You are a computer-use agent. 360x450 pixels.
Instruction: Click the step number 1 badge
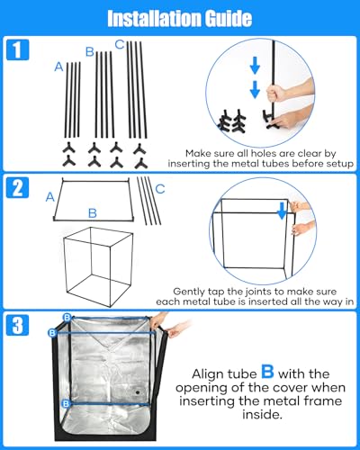pyautogui.click(x=18, y=49)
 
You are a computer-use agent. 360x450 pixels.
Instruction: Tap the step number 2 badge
pyautogui.click(x=18, y=187)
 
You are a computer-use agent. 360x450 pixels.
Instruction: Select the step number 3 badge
pyautogui.click(x=18, y=325)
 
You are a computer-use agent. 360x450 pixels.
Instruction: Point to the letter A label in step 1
pyautogui.click(x=58, y=67)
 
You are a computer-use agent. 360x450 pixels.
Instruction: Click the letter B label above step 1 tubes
pyautogui.click(x=90, y=52)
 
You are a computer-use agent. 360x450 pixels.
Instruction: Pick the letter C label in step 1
pyautogui.click(x=120, y=45)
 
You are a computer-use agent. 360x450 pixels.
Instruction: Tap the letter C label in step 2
pyautogui.click(x=160, y=189)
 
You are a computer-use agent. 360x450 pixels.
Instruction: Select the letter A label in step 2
pyautogui.click(x=50, y=197)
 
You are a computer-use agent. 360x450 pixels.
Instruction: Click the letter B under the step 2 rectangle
pyautogui.click(x=93, y=213)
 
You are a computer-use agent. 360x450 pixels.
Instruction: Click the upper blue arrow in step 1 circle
pyautogui.click(x=255, y=66)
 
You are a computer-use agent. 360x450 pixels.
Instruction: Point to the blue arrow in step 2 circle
pyautogui.click(x=282, y=211)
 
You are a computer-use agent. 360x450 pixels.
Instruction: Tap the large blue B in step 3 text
pyautogui.click(x=267, y=371)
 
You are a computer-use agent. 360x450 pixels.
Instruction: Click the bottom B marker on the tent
pyautogui.click(x=66, y=404)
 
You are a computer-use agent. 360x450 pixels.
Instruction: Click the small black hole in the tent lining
pyautogui.click(x=138, y=391)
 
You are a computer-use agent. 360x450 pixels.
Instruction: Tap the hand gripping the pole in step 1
pyautogui.click(x=276, y=93)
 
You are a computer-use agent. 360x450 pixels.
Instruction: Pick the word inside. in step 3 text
pyautogui.click(x=262, y=415)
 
